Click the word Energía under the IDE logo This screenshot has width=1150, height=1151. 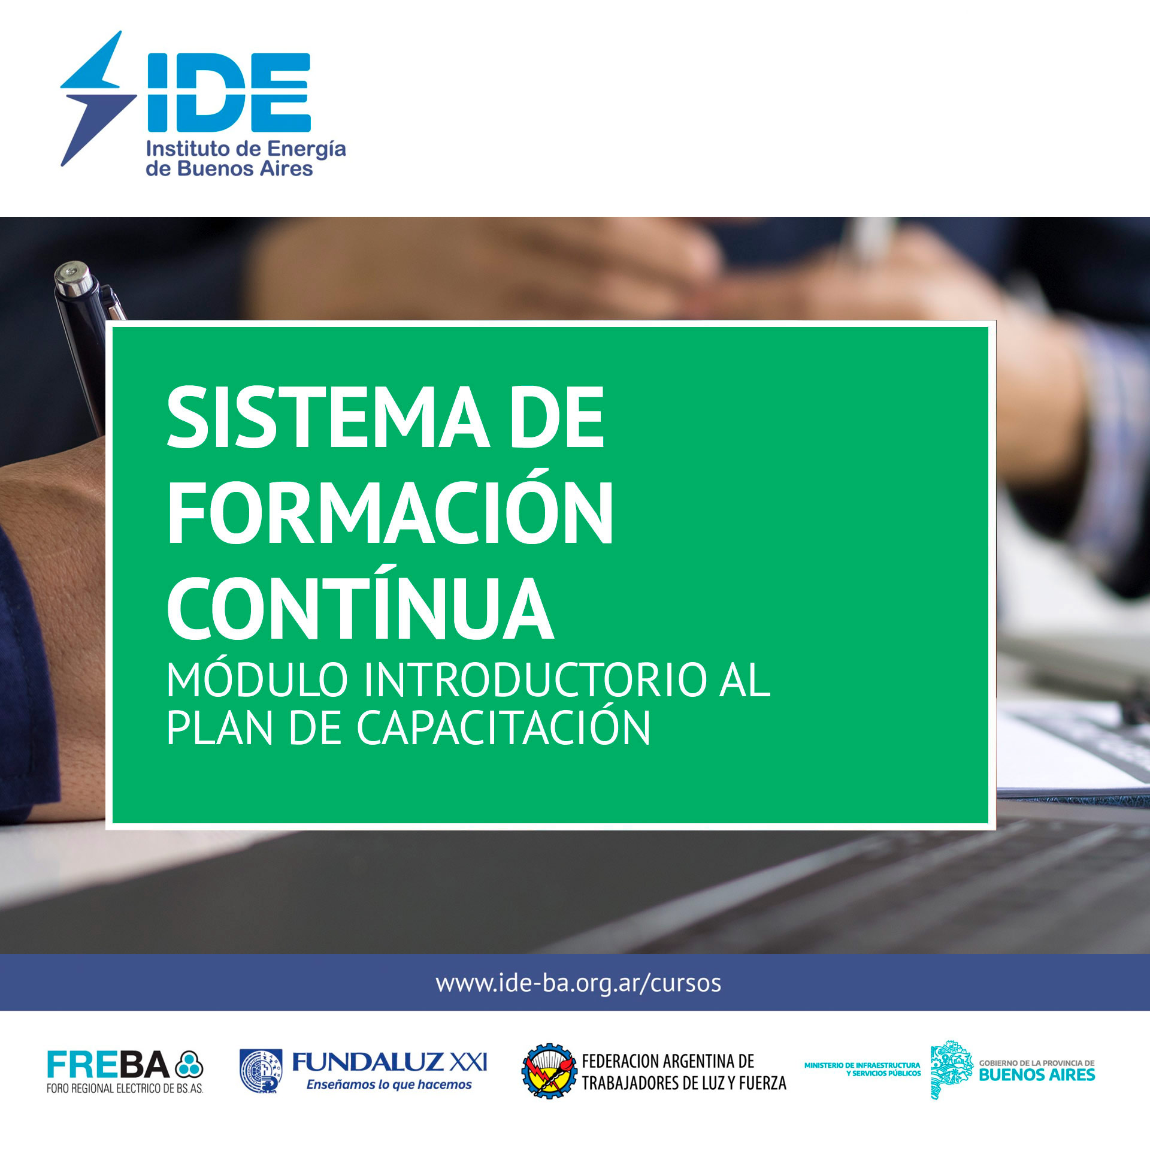[306, 150]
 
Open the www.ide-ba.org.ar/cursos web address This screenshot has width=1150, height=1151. [579, 983]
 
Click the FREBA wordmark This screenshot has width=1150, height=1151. [108, 1065]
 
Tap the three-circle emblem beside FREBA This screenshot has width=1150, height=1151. [189, 1065]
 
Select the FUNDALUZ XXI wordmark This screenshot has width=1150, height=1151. [389, 1062]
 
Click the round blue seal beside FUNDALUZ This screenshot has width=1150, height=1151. [261, 1071]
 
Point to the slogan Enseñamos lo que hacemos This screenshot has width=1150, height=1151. [389, 1084]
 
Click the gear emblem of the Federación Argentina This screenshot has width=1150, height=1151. [549, 1071]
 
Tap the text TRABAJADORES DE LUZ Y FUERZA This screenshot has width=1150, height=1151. [684, 1083]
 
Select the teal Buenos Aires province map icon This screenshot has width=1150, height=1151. [952, 1070]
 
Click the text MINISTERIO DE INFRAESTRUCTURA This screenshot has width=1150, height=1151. [862, 1065]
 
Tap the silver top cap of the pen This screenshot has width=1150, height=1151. [73, 279]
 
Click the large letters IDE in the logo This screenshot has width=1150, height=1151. [229, 92]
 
